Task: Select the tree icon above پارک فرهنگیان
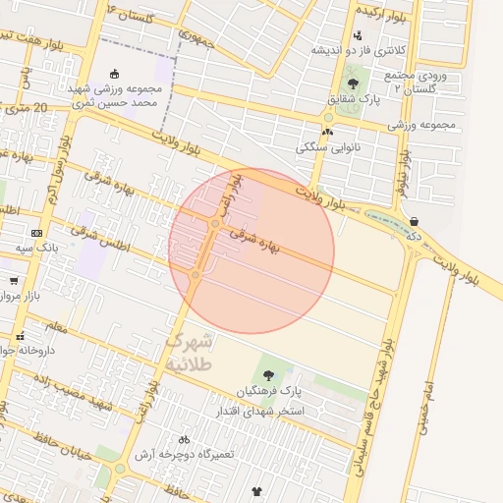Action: pos(267,374)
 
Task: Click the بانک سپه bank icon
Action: pos(37,233)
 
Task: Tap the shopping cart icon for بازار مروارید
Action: pos(14,281)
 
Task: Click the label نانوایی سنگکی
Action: pos(325,148)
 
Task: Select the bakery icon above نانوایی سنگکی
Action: pos(327,132)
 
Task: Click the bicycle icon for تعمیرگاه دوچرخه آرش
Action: pos(184,439)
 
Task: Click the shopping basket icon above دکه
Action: pos(414,221)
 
